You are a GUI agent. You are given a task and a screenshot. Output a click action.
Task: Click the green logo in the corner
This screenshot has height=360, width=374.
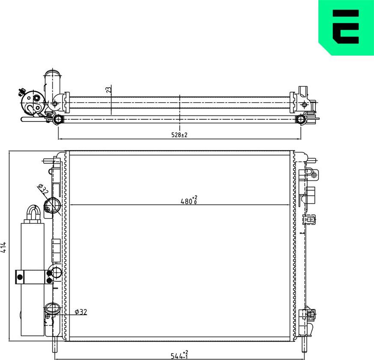[x=346, y=27]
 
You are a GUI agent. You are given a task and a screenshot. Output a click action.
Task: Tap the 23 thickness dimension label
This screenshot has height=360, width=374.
[x=109, y=89]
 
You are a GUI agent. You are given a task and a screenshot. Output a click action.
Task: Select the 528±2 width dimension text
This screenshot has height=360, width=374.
[x=180, y=135]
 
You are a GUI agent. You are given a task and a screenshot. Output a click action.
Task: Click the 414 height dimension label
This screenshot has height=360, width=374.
[x=4, y=247]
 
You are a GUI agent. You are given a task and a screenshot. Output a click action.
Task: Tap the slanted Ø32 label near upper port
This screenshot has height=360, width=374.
[x=42, y=189]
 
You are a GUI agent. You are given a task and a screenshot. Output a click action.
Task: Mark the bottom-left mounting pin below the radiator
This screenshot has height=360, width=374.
[x=55, y=344]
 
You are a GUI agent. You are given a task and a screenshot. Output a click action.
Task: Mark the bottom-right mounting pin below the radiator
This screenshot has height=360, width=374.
[x=305, y=344]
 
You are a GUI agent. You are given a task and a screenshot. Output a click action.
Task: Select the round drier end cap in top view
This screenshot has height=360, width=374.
[x=32, y=102]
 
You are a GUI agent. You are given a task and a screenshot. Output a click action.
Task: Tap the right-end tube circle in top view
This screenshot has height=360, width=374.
[x=301, y=119]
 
